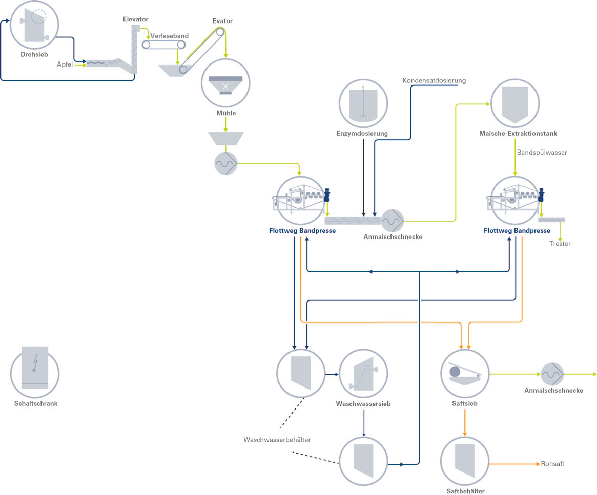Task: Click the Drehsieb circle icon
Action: [34, 25]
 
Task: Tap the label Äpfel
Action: [65, 64]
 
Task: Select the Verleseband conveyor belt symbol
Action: [163, 45]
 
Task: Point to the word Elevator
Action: [136, 19]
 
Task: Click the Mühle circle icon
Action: [225, 83]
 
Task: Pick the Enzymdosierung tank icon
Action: [363, 103]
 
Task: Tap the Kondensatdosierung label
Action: [434, 80]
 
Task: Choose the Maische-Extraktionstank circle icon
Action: [515, 103]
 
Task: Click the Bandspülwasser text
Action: [542, 153]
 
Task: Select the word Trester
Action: [560, 244]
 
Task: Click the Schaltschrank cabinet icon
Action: [35, 372]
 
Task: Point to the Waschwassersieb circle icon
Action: [363, 374]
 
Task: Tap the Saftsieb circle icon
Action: [465, 374]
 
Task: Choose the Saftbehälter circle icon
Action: [465, 461]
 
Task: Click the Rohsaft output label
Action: [552, 464]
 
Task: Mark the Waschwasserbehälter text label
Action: [277, 440]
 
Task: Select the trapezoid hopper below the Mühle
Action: [226, 138]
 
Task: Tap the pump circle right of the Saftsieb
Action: [552, 374]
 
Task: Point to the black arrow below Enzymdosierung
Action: [364, 178]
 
